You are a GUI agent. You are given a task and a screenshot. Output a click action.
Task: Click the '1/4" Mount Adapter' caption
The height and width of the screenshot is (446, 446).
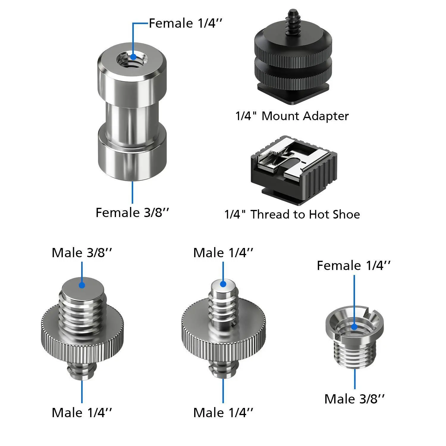click(x=292, y=116)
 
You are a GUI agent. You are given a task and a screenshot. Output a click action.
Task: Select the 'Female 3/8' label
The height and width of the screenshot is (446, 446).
click(x=133, y=213)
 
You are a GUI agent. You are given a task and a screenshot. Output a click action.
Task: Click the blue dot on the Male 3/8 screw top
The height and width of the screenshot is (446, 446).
click(x=82, y=285)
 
